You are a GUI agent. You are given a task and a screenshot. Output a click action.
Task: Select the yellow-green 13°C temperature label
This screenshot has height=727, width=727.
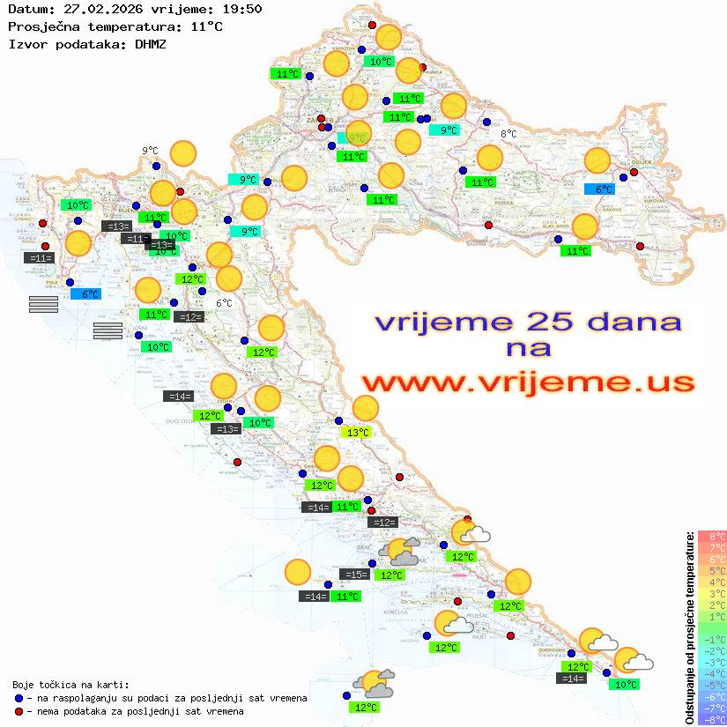[x=357, y=433]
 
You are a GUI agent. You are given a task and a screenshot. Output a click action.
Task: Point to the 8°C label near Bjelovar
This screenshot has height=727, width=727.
[x=508, y=134]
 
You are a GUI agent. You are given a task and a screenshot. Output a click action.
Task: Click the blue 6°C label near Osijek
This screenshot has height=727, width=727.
[x=604, y=189]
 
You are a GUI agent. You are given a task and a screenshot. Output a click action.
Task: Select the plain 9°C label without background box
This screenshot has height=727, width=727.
[x=150, y=151]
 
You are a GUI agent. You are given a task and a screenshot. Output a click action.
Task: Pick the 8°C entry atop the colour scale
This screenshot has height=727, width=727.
[x=711, y=536]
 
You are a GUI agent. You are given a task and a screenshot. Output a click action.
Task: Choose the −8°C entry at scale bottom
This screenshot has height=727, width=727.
[x=711, y=719]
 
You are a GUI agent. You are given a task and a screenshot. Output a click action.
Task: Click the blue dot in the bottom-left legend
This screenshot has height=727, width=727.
[x=19, y=698]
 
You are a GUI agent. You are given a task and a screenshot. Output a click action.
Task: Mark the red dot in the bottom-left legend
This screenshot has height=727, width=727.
[x=19, y=710]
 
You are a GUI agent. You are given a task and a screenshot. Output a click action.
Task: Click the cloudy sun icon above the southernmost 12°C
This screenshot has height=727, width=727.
[x=374, y=682]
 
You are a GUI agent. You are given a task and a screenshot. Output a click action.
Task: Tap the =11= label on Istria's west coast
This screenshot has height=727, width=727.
[x=41, y=258]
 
